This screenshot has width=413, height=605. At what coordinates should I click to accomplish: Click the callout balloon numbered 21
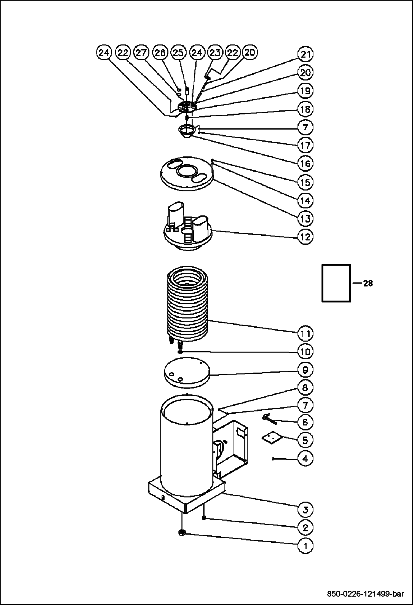pos(305,55)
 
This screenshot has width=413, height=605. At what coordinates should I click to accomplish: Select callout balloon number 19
pos(305,91)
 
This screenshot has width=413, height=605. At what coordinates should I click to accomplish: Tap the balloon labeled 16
pos(305,164)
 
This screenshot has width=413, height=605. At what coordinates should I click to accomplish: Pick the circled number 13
pos(305,219)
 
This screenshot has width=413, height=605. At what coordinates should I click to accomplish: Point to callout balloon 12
pos(305,237)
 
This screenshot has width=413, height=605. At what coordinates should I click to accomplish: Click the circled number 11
pos(305,334)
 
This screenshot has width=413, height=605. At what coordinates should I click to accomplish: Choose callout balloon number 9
pos(305,370)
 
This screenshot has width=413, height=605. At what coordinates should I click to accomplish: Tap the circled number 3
pos(305,510)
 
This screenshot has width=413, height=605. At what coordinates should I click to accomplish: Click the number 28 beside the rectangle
pos(368,283)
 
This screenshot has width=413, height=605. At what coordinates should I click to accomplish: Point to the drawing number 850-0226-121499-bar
pos(366,593)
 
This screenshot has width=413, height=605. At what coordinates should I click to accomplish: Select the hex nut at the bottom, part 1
pos(182,533)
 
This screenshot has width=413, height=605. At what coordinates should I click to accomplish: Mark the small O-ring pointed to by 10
pos(180,352)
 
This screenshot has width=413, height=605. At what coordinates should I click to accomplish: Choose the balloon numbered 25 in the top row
pos(178,53)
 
